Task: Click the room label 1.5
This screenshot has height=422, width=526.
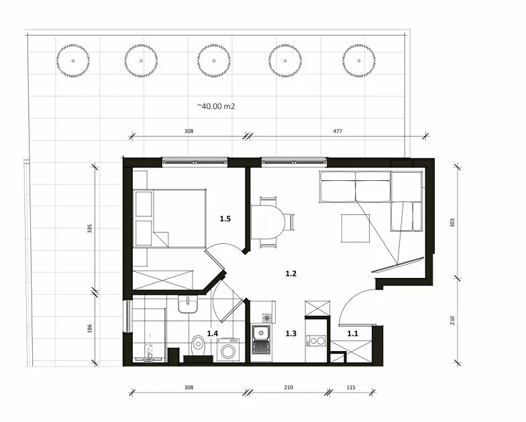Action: tap(225, 218)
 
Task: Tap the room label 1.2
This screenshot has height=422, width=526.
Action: tap(291, 273)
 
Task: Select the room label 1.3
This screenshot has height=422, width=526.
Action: tap(291, 334)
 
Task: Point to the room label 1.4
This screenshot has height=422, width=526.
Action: tap(212, 334)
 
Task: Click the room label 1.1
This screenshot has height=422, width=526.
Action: tap(353, 334)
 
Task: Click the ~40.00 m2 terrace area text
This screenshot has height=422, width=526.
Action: tap(216, 106)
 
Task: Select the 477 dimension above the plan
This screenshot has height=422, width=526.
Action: tap(337, 131)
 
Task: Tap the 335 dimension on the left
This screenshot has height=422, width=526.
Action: tap(90, 229)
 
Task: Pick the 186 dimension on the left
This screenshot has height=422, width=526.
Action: tap(90, 328)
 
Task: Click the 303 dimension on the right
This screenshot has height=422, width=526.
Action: tap(452, 222)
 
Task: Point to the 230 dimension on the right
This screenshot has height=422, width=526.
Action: tap(452, 320)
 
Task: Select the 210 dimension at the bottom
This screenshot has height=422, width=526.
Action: tap(288, 387)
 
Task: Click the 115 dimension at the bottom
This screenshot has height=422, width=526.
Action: tap(351, 387)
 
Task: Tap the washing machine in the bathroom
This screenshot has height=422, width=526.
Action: tap(228, 350)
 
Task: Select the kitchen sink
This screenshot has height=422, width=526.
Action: tap(262, 339)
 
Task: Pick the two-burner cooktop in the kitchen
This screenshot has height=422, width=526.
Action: tap(315, 341)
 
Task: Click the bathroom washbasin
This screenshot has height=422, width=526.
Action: tap(188, 304)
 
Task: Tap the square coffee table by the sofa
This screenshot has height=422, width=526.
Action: tap(356, 228)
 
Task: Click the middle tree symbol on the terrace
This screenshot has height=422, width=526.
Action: tap(213, 61)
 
